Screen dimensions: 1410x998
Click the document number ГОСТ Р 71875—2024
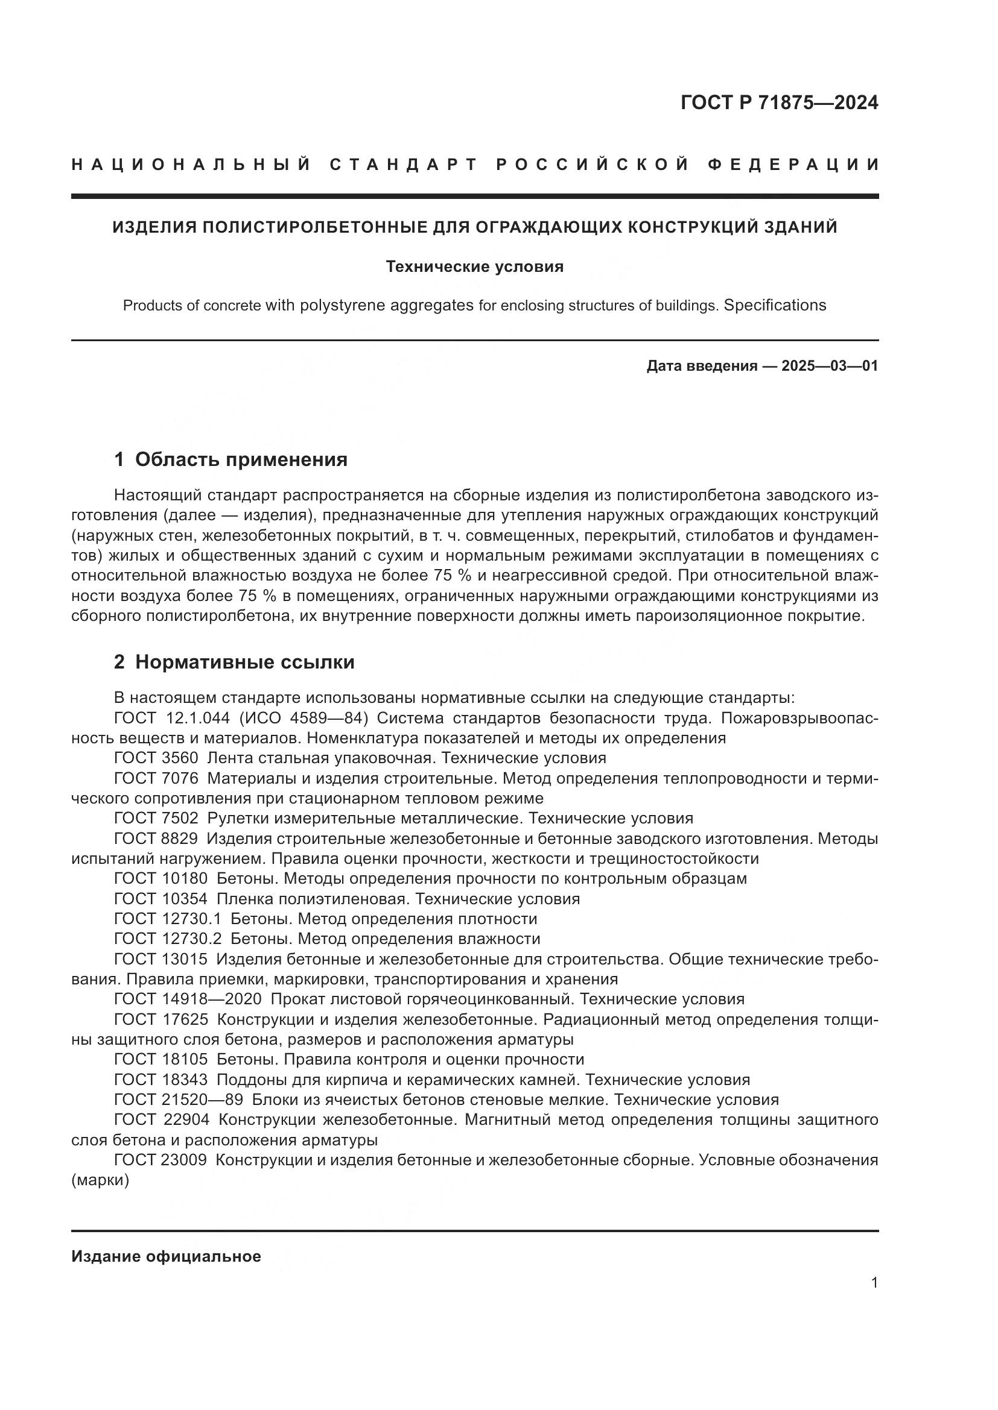tap(779, 103)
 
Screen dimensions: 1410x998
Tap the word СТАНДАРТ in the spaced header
tap(404, 165)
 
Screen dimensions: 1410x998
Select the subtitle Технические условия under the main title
tap(474, 267)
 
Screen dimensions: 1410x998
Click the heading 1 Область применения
tap(230, 459)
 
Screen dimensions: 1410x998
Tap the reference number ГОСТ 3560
tap(156, 758)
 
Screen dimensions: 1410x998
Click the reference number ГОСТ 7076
tap(156, 778)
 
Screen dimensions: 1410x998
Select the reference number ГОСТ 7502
tap(156, 818)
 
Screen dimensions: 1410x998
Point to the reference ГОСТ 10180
tap(161, 878)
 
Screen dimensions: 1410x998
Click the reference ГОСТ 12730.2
tap(167, 939)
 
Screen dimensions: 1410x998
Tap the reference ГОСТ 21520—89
tap(178, 1100)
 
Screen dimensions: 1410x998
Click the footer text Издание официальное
tap(166, 1256)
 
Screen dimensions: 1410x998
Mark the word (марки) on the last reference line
tap(100, 1180)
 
